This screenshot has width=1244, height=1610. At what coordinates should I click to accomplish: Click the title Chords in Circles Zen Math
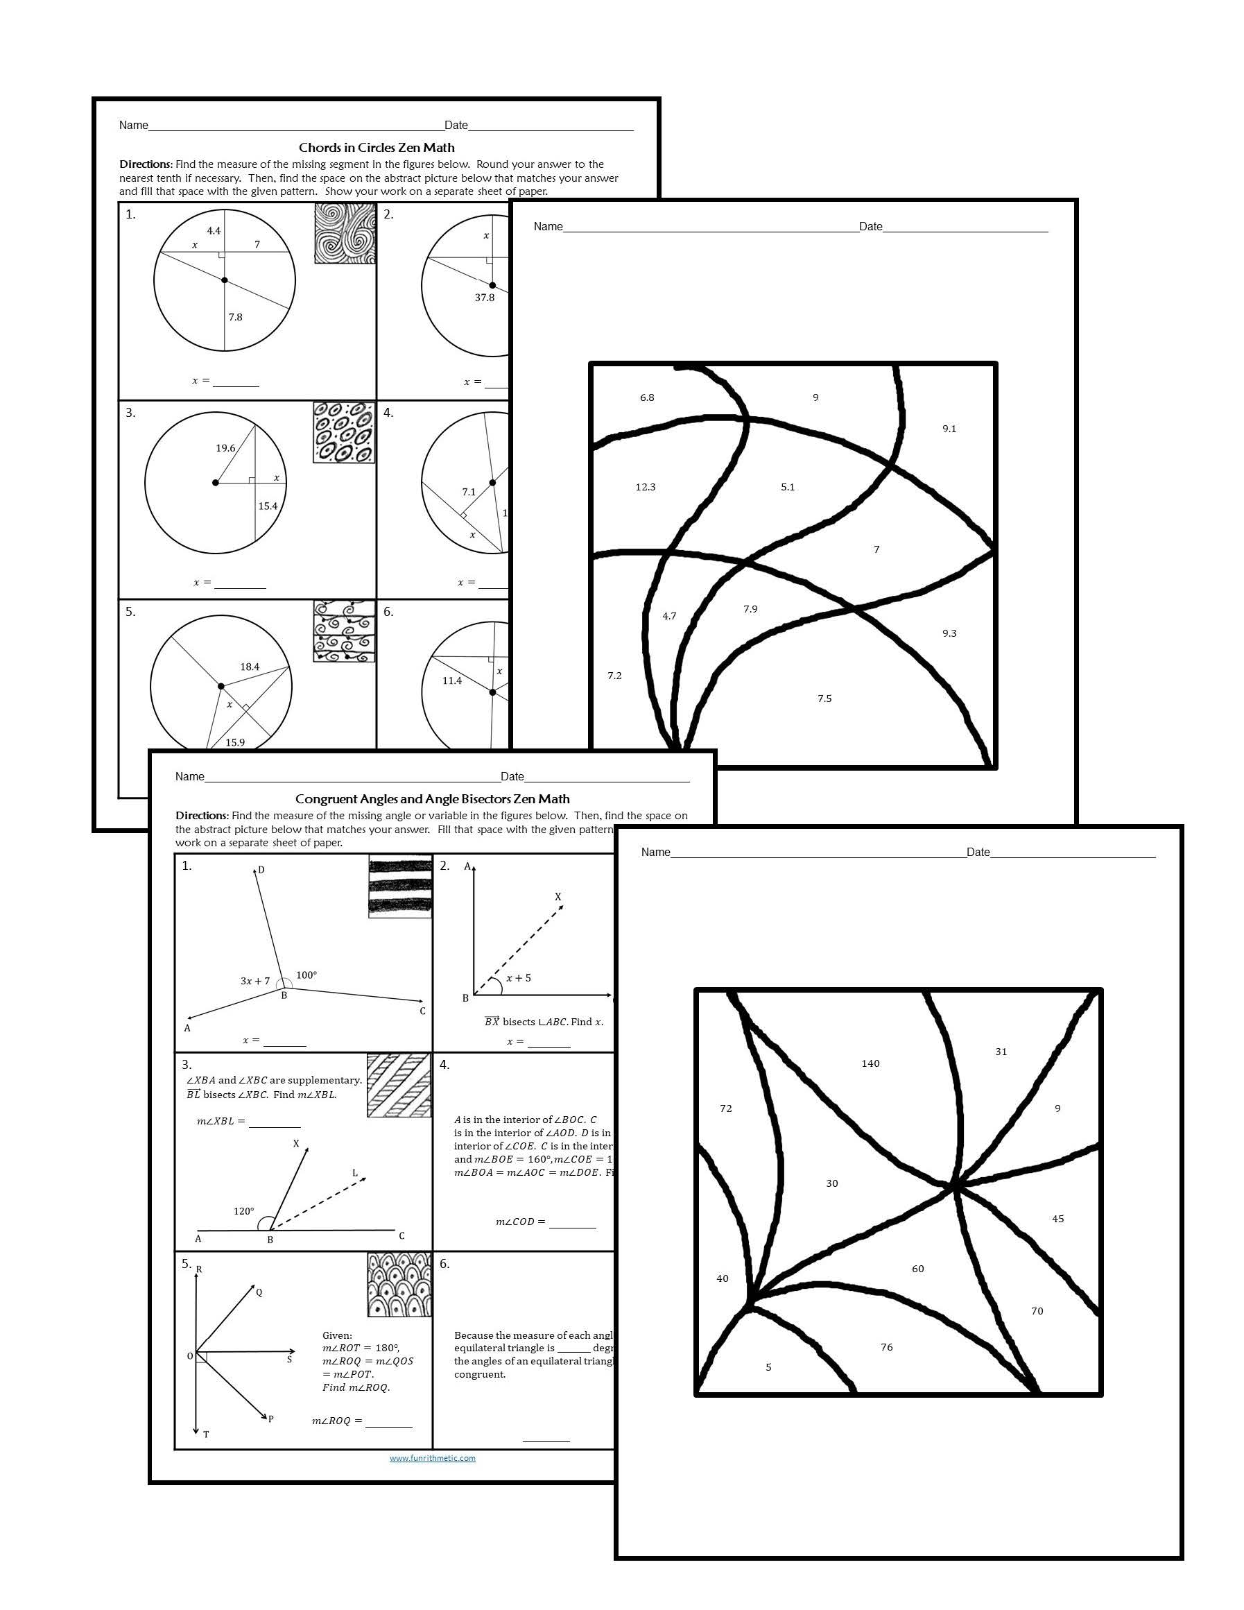pos(377,148)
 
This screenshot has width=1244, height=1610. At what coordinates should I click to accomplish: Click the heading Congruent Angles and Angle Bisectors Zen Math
pos(432,798)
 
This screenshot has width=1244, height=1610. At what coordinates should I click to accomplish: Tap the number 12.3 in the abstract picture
pos(645,487)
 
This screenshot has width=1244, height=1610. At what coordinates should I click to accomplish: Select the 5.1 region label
pos(787,487)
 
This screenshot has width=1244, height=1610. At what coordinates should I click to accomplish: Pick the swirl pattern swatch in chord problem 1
pos(344,234)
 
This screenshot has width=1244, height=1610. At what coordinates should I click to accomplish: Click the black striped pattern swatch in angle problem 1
pos(399,886)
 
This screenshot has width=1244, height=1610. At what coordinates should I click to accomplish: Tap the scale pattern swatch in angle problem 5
pos(399,1284)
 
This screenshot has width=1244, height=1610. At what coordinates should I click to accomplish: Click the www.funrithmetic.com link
pos(432,1457)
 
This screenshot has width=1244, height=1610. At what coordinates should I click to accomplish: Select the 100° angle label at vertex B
pos(306,975)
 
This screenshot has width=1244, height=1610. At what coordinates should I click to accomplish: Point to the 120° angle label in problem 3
pos(243,1211)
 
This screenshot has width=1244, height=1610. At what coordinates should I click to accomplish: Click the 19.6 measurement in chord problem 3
pos(225,448)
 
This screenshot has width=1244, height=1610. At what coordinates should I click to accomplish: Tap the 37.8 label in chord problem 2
pos(484,298)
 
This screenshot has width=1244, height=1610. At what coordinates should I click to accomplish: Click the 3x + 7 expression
pos(255,981)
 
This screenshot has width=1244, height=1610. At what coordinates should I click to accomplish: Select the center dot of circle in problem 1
pos(225,280)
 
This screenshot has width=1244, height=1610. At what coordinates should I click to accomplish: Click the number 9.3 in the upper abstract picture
pos(949,633)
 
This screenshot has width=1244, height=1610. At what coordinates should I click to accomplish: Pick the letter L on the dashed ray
pos(354,1173)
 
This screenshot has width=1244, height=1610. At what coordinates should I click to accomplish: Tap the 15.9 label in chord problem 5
pos(235,742)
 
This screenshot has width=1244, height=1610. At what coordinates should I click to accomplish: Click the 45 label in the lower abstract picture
pos(1057,1219)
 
